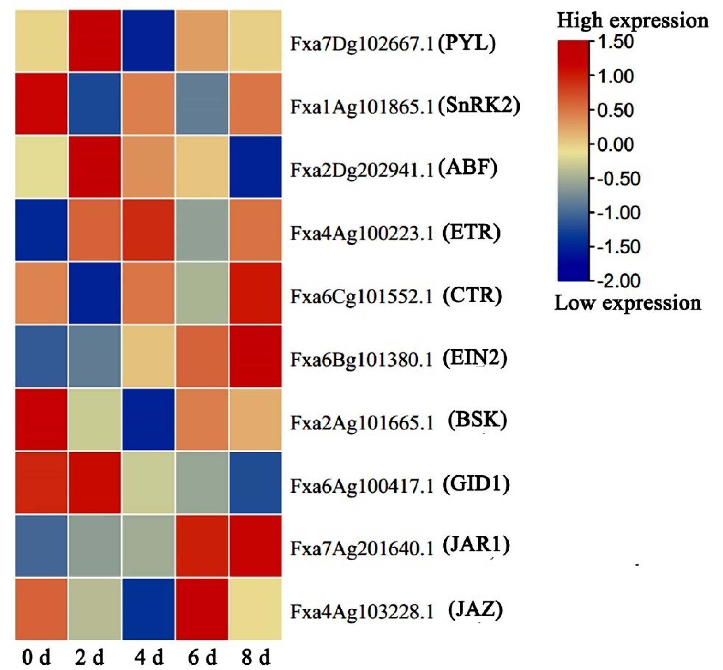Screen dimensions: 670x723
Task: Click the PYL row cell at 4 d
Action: coord(148,41)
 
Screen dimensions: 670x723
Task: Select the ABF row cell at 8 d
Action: coord(255,167)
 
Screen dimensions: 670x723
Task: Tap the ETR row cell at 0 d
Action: coord(41,230)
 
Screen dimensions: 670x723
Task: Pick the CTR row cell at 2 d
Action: coord(95,293)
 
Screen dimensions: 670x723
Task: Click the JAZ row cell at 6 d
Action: coord(202,609)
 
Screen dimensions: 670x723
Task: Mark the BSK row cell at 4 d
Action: coord(148,420)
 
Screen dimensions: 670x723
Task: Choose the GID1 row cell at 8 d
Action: coord(255,482)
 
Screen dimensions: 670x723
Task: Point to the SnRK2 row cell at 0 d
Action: coord(41,104)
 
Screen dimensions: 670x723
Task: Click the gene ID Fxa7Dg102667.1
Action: coord(361,44)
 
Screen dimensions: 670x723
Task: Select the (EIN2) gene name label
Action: coord(475,358)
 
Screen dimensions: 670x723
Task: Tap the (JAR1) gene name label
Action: coord(476,545)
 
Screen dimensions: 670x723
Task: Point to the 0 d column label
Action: coord(36,658)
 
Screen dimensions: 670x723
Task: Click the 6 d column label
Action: coord(202,658)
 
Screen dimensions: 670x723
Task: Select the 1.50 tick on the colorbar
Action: coord(615,42)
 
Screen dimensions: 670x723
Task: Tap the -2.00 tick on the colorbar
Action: coord(619,281)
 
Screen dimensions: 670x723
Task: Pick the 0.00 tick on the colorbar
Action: coord(615,144)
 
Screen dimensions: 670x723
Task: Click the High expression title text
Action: coord(632,20)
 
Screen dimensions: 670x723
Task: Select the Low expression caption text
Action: coord(628,303)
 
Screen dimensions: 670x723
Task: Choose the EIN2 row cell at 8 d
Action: coord(255,356)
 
